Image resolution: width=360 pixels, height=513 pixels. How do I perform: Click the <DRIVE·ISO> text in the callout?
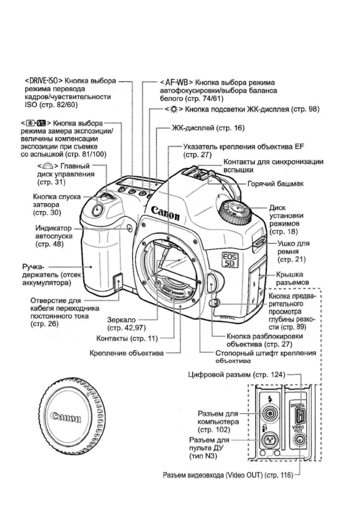pyautogui.click(x=44, y=80)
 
